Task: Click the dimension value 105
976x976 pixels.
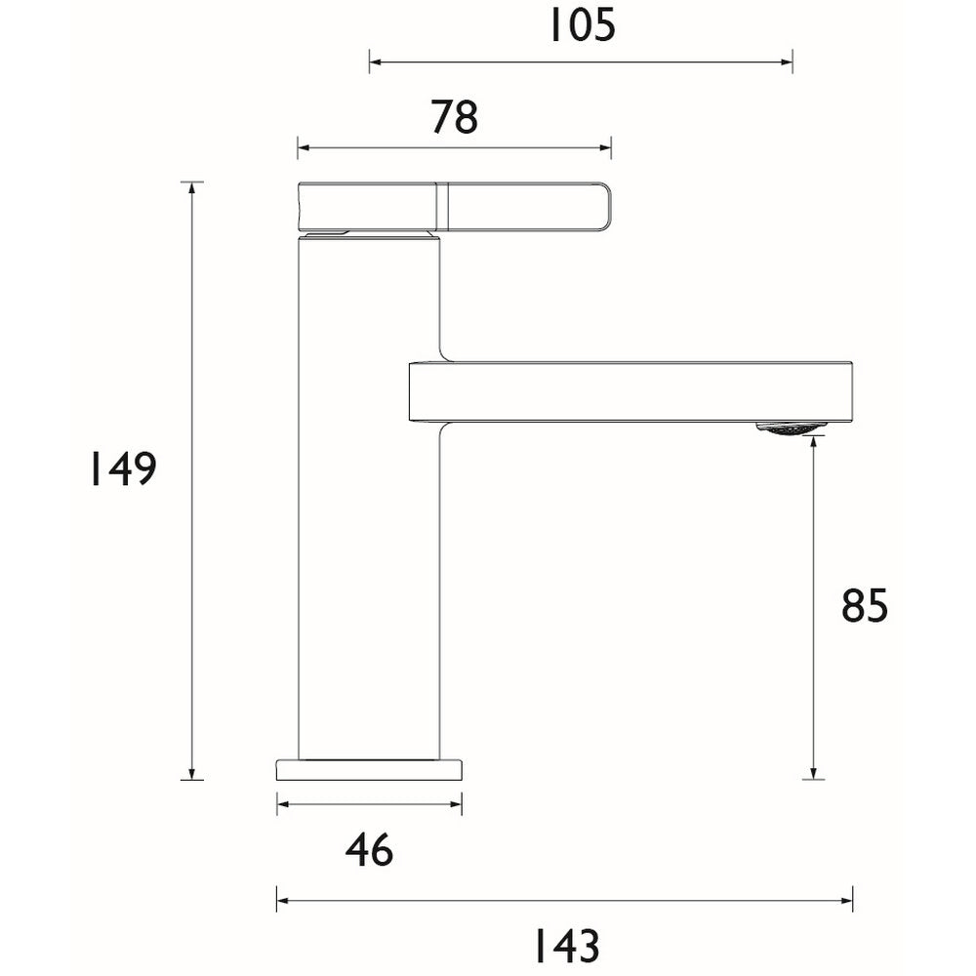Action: (581, 25)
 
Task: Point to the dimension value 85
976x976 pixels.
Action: (865, 606)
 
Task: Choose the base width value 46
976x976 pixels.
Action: (369, 850)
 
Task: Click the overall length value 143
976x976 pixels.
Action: (565, 945)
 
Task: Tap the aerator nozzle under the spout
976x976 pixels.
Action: (791, 427)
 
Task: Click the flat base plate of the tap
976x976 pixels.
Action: (369, 769)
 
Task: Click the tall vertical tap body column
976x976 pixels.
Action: (369, 508)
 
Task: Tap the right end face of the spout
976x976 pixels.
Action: (853, 391)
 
